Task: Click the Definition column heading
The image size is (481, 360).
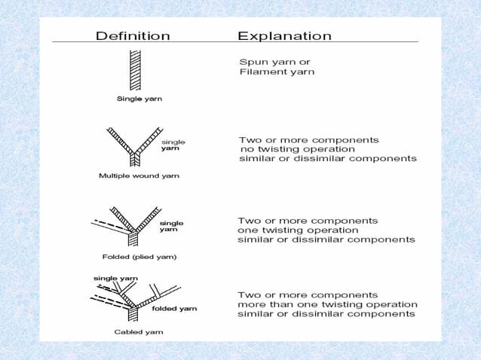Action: (132, 35)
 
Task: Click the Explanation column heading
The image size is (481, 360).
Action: (284, 35)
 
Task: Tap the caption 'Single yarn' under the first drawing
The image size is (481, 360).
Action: (138, 98)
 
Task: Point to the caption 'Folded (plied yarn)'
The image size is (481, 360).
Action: (139, 256)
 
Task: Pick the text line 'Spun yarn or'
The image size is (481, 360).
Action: (274, 61)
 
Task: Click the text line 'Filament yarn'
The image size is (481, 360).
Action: (277, 72)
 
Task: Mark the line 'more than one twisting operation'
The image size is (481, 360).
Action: (326, 304)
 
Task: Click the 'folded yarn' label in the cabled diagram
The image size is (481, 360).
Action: (175, 308)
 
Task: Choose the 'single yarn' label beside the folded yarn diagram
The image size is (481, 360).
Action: (171, 226)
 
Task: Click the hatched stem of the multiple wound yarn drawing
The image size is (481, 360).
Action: (135, 159)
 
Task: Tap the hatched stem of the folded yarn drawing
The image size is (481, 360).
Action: (134, 239)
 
